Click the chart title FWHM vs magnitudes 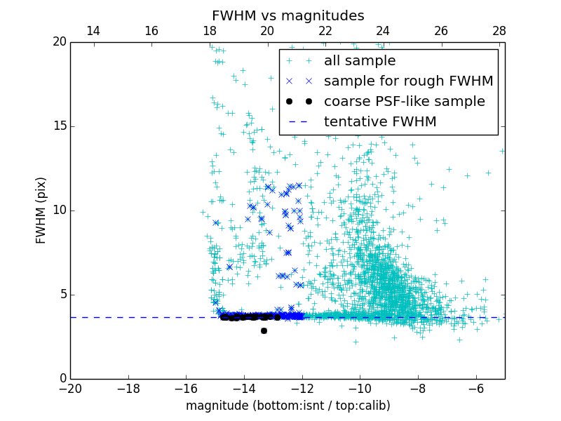[288, 15]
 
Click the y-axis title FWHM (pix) [41, 210]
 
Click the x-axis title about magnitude [288, 406]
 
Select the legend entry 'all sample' [360, 61]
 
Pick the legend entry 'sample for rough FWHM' [408, 81]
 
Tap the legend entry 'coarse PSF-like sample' [404, 102]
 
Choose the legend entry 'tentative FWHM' [380, 122]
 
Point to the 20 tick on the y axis [59, 42]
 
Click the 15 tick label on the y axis [59, 126]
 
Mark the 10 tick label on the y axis [59, 210]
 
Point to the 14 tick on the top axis [93, 31]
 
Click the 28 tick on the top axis [499, 31]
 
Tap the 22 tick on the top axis [325, 31]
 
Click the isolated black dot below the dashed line [264, 330]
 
